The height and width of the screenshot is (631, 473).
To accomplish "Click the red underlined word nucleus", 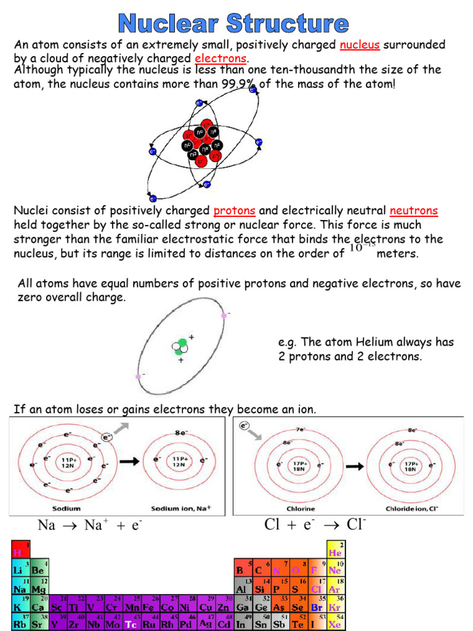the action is click(359, 46).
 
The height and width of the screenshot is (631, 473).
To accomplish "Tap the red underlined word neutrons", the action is click(413, 211).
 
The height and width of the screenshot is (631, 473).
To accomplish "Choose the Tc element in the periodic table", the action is click(131, 623).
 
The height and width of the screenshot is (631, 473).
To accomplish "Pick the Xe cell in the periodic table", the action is click(335, 623).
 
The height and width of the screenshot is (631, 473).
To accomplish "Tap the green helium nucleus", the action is click(180, 347).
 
